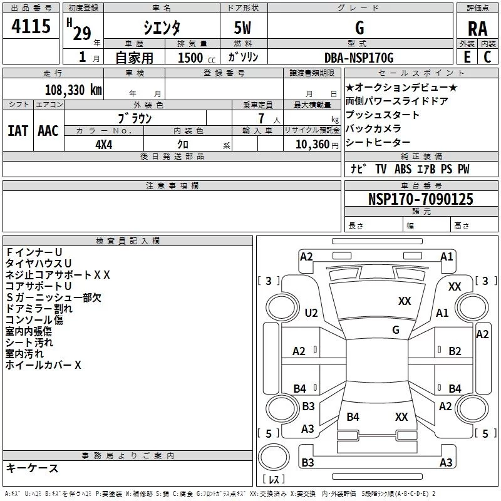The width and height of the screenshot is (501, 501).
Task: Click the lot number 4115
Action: click(x=31, y=26)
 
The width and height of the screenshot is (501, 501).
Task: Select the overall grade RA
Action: click(x=477, y=29)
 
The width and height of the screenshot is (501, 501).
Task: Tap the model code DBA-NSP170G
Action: click(x=359, y=58)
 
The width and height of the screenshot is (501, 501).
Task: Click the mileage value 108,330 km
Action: click(x=73, y=90)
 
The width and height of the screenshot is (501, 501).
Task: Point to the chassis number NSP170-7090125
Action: click(x=420, y=199)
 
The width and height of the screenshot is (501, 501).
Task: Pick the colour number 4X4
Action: click(x=104, y=145)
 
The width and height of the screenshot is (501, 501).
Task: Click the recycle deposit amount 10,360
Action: click(x=312, y=145)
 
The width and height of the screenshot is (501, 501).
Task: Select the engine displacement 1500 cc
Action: click(x=197, y=58)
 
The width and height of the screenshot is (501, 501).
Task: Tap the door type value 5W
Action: click(x=242, y=28)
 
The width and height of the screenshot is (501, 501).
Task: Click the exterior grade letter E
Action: click(x=467, y=57)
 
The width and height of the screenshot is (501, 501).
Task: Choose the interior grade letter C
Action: click(x=487, y=57)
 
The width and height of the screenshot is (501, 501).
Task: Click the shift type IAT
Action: click(x=18, y=131)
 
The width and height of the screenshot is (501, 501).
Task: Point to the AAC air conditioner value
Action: click(x=48, y=131)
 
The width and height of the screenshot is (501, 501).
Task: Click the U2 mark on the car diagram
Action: click(x=311, y=312)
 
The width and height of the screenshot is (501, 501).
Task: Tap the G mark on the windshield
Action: click(x=396, y=329)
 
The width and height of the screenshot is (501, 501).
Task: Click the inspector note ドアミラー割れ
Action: click(x=39, y=309)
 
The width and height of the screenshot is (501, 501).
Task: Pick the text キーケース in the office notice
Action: click(x=33, y=468)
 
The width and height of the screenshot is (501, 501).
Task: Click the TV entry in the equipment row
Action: click(x=381, y=169)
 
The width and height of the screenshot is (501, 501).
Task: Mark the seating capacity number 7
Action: click(x=261, y=118)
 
